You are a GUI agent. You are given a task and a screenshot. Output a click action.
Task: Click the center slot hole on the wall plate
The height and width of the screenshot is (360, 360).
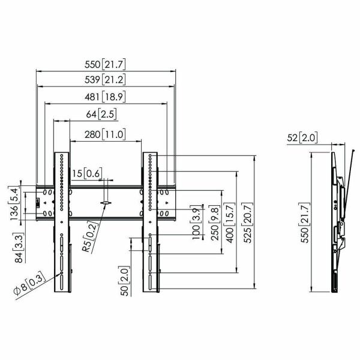[106, 203]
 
